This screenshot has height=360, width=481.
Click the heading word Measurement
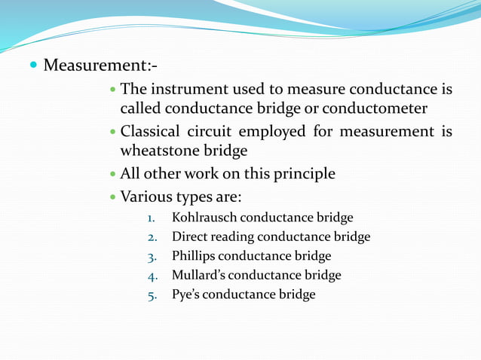pyautogui.click(x=97, y=65)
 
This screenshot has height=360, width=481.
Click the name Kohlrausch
pyautogui.click(x=204, y=218)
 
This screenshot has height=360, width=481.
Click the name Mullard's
pyautogui.click(x=200, y=275)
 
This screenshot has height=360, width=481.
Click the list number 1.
pyautogui.click(x=151, y=218)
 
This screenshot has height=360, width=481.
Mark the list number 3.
pyautogui.click(x=151, y=256)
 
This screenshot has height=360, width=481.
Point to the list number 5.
pyautogui.click(x=151, y=295)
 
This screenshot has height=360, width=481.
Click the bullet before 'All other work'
pyautogui.click(x=113, y=174)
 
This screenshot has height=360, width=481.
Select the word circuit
pyautogui.click(x=219, y=132)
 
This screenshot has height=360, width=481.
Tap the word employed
pyautogui.click(x=275, y=132)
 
